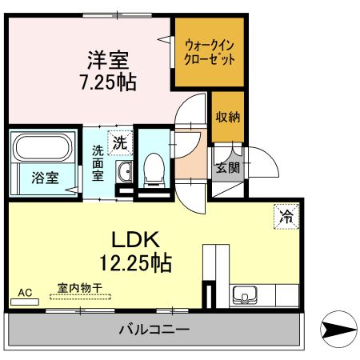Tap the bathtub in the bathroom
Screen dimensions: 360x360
tap(42, 149)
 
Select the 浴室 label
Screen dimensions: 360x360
tap(44, 178)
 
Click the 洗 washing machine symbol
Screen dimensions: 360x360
tap(119, 145)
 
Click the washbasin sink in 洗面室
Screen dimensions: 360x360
tap(124, 171)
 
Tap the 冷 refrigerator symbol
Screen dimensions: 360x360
tap(286, 215)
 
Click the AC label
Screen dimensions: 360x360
tap(26, 293)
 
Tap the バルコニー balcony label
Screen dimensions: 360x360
tap(154, 329)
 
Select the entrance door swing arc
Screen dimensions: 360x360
tap(264, 164)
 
